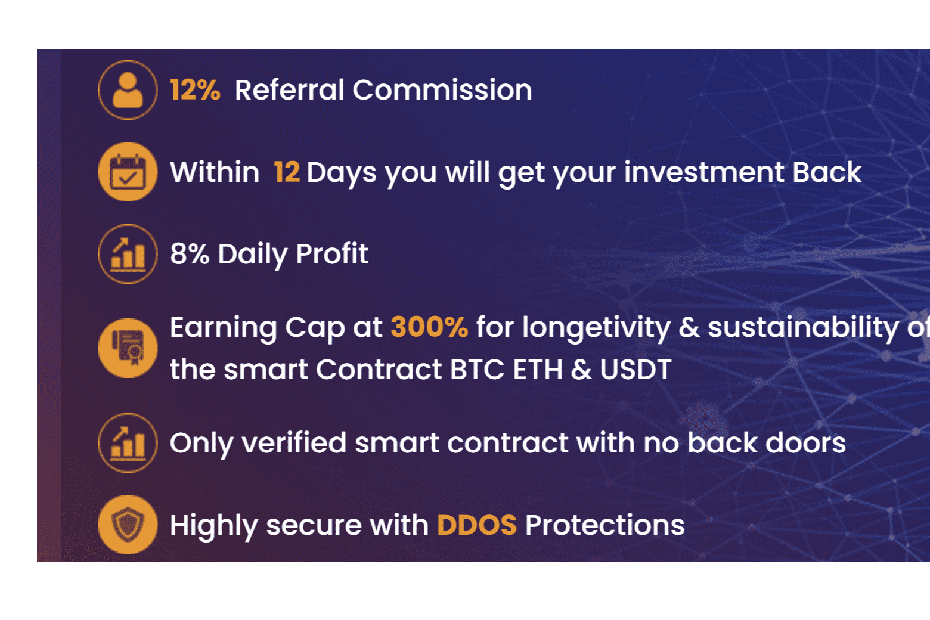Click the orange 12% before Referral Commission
coord(195,91)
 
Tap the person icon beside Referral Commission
coord(128,90)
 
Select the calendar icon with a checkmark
coord(128,172)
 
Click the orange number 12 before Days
coord(286,172)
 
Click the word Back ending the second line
coord(826,172)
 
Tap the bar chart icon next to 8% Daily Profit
coord(128,254)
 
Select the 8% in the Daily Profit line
coord(190,254)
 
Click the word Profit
coord(332,254)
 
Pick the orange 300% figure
coord(429,327)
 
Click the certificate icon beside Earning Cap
coord(128,348)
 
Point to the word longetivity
coord(596,327)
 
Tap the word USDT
coord(635,370)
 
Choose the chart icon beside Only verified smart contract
coord(128,443)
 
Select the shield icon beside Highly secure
coord(128,525)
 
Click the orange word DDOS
coord(476,525)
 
